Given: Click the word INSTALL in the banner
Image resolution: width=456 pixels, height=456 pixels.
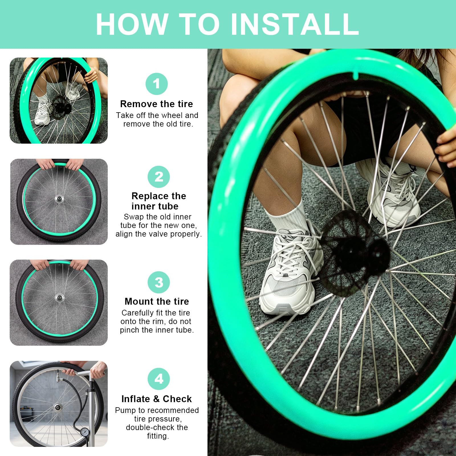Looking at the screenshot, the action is pos(294,24).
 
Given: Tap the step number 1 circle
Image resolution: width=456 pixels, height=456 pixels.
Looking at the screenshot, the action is pos(156,84).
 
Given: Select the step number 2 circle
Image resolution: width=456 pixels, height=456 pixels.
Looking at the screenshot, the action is pos(159,177).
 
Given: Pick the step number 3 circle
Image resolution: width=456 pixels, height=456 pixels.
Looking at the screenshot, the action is pos(159,282).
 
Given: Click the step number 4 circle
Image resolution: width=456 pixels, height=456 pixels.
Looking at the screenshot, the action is pos(159,379).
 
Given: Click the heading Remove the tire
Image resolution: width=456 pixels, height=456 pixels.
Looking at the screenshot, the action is pos(156,104).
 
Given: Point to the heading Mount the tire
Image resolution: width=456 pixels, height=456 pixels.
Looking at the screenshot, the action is pos(157,301).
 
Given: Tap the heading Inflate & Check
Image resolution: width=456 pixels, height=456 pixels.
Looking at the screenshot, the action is pos(156,399).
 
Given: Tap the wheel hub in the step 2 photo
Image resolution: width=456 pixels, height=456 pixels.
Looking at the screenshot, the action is pos(60,198).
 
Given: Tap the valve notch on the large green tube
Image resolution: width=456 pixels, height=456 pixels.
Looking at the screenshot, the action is pos(356,76).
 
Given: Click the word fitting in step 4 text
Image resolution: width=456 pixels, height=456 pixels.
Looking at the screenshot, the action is pos(158,436).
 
